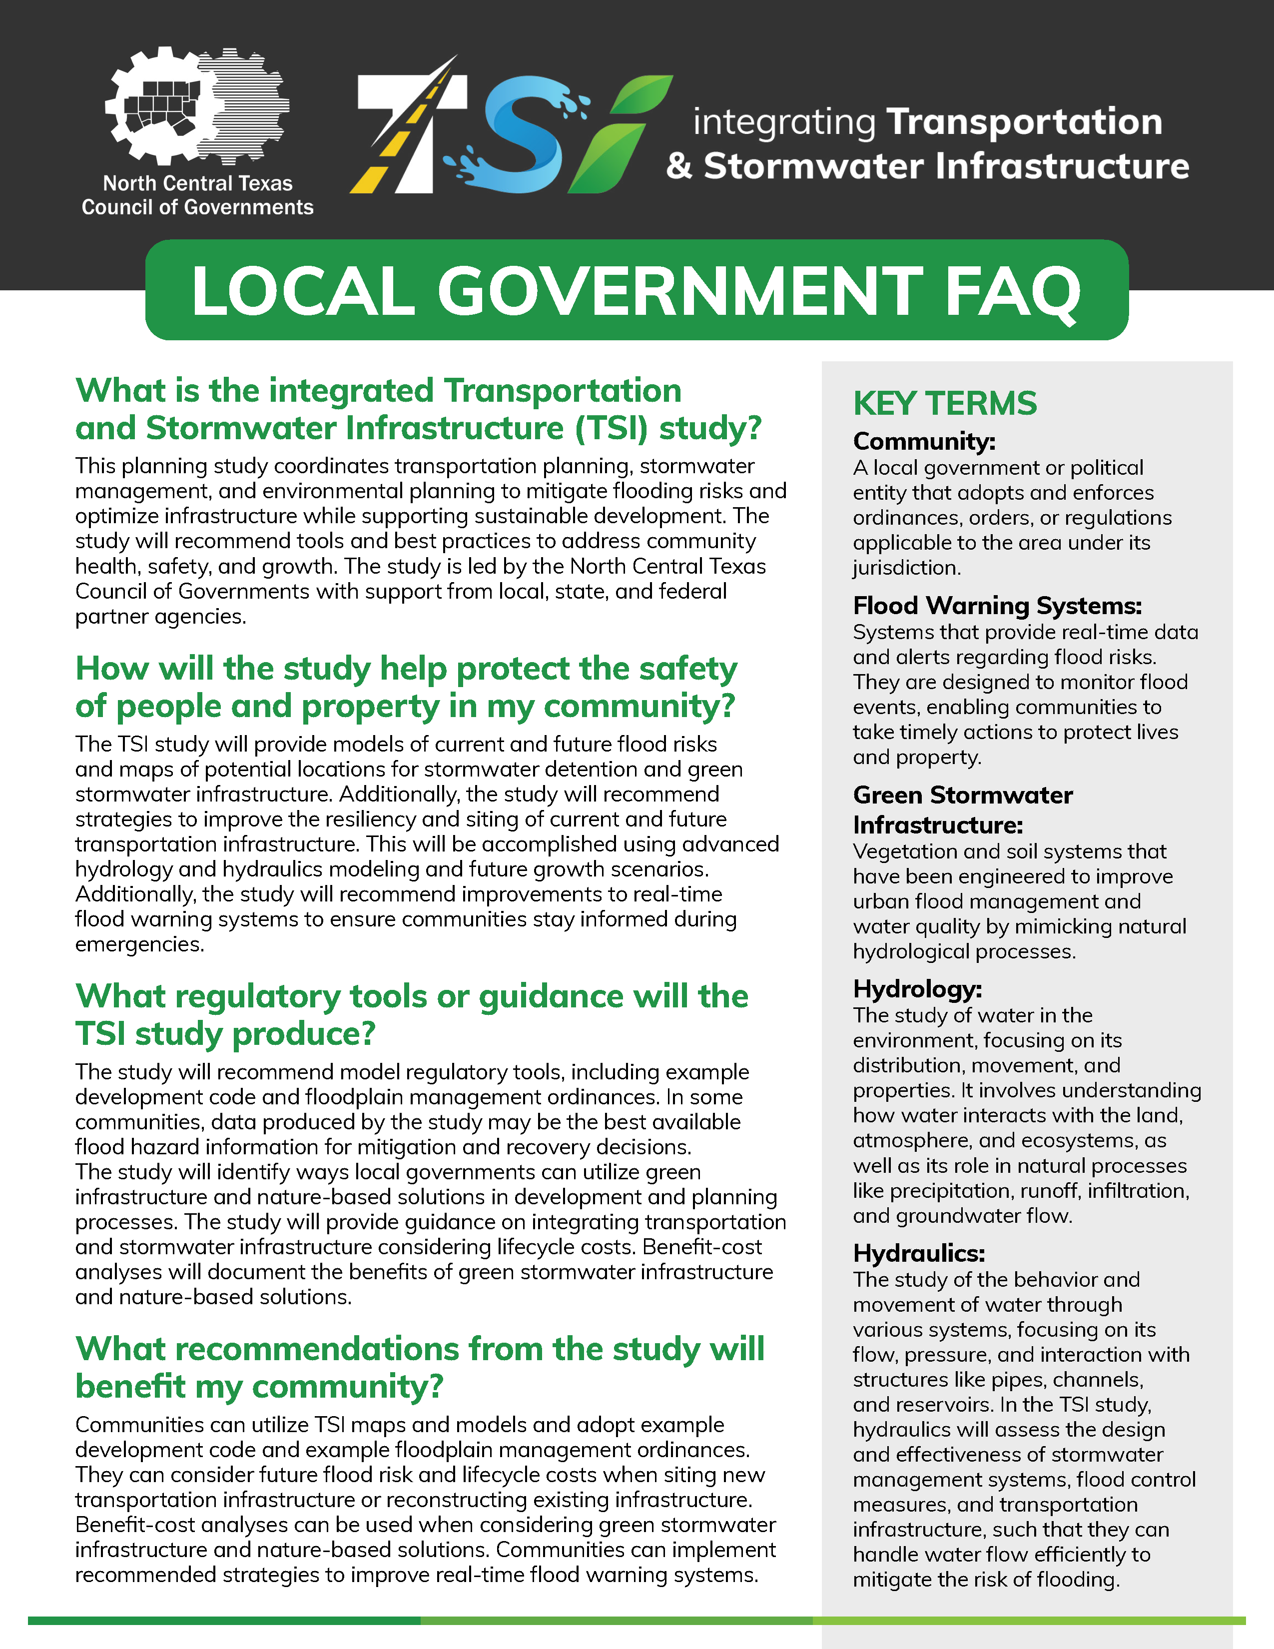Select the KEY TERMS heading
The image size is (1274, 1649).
945,403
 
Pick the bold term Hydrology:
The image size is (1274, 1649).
917,989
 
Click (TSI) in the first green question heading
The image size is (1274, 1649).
612,428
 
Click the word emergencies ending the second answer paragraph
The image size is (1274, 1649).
139,944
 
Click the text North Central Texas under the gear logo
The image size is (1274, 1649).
198,183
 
